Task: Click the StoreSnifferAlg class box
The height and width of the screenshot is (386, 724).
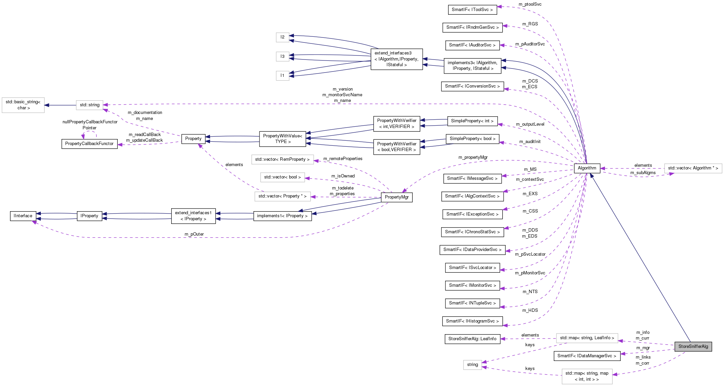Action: pos(693,347)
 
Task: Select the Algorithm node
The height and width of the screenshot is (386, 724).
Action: pos(587,168)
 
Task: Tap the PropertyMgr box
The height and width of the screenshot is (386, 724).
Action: pos(397,197)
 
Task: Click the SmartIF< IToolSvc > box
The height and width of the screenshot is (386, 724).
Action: pos(472,10)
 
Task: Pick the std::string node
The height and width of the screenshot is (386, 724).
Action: pos(90,105)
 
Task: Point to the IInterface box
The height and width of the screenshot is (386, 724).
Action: pos(23,216)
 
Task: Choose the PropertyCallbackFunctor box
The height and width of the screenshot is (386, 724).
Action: pos(89,144)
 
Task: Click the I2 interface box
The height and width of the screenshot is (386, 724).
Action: pos(283,37)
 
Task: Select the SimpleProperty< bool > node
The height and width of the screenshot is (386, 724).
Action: pos(472,139)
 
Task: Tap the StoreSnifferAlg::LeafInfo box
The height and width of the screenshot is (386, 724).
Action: pos(472,339)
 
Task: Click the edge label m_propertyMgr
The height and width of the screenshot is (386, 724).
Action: pos(473,157)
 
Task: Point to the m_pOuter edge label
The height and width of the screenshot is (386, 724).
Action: pos(194,234)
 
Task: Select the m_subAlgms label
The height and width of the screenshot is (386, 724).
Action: pos(643,173)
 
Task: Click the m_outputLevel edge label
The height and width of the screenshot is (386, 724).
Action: pos(530,124)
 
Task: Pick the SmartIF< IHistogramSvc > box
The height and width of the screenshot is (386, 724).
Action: pos(472,321)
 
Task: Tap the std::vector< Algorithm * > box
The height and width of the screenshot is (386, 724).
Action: pos(693,168)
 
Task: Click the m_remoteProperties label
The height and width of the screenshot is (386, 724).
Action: pos(343,159)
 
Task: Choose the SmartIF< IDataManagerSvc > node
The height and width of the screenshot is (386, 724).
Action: pos(587,356)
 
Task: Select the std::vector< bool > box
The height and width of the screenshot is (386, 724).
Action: pos(283,177)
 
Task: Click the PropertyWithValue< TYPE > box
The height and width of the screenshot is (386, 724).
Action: pos(283,139)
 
